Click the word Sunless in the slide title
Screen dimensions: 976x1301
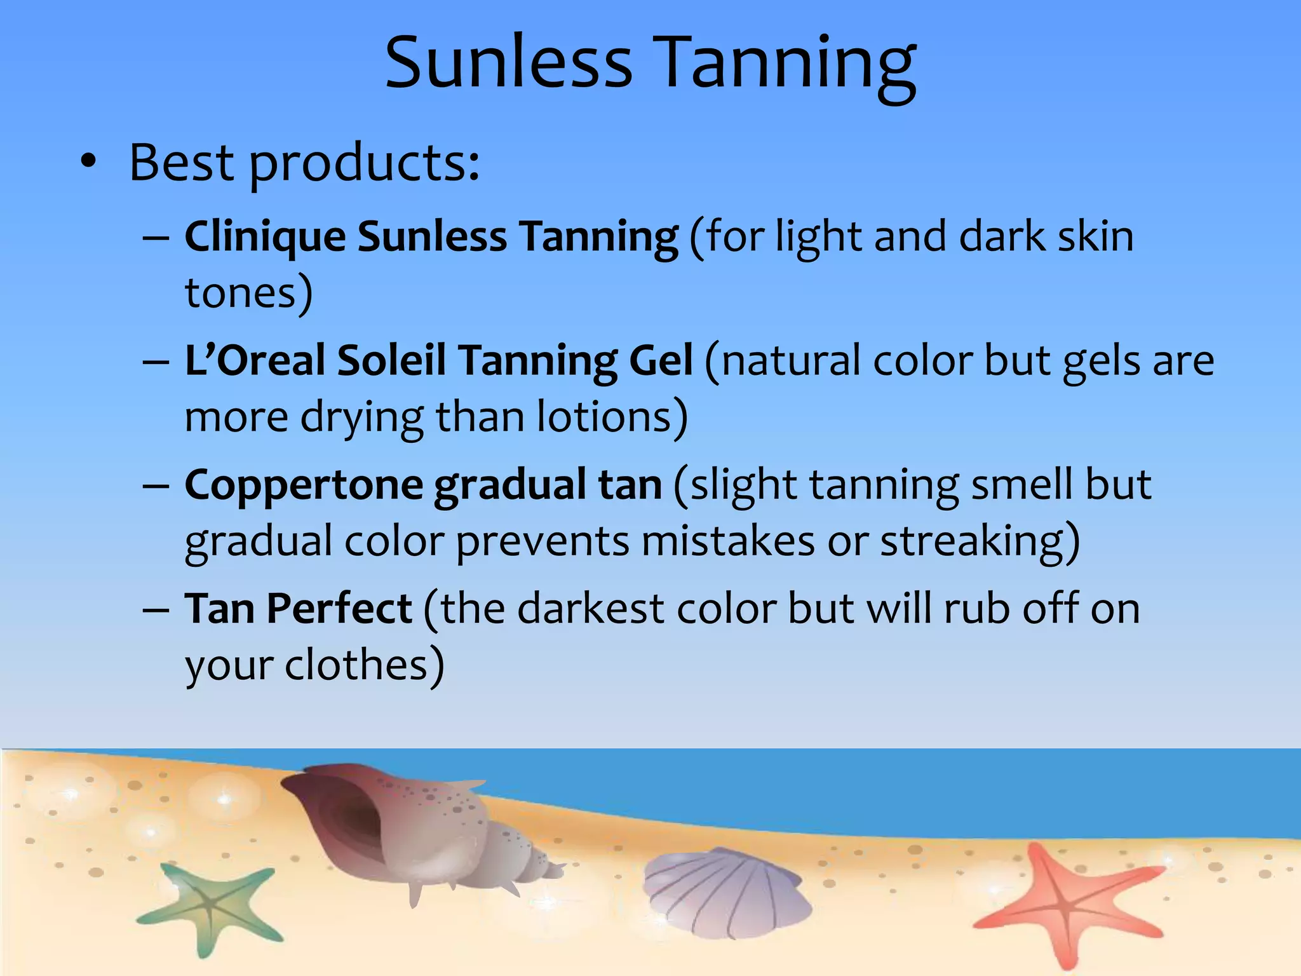(508, 62)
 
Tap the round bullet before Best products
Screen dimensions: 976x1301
(88, 162)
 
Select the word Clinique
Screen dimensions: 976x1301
(265, 237)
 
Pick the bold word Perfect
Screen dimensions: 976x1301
(339, 609)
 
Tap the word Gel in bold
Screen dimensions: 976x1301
(660, 360)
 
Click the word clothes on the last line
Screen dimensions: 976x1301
(363, 666)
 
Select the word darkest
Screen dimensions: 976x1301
(591, 609)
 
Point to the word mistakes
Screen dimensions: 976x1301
(728, 542)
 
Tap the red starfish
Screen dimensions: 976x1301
(1067, 902)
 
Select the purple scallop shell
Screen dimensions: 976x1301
(724, 893)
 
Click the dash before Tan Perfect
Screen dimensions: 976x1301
(156, 610)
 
